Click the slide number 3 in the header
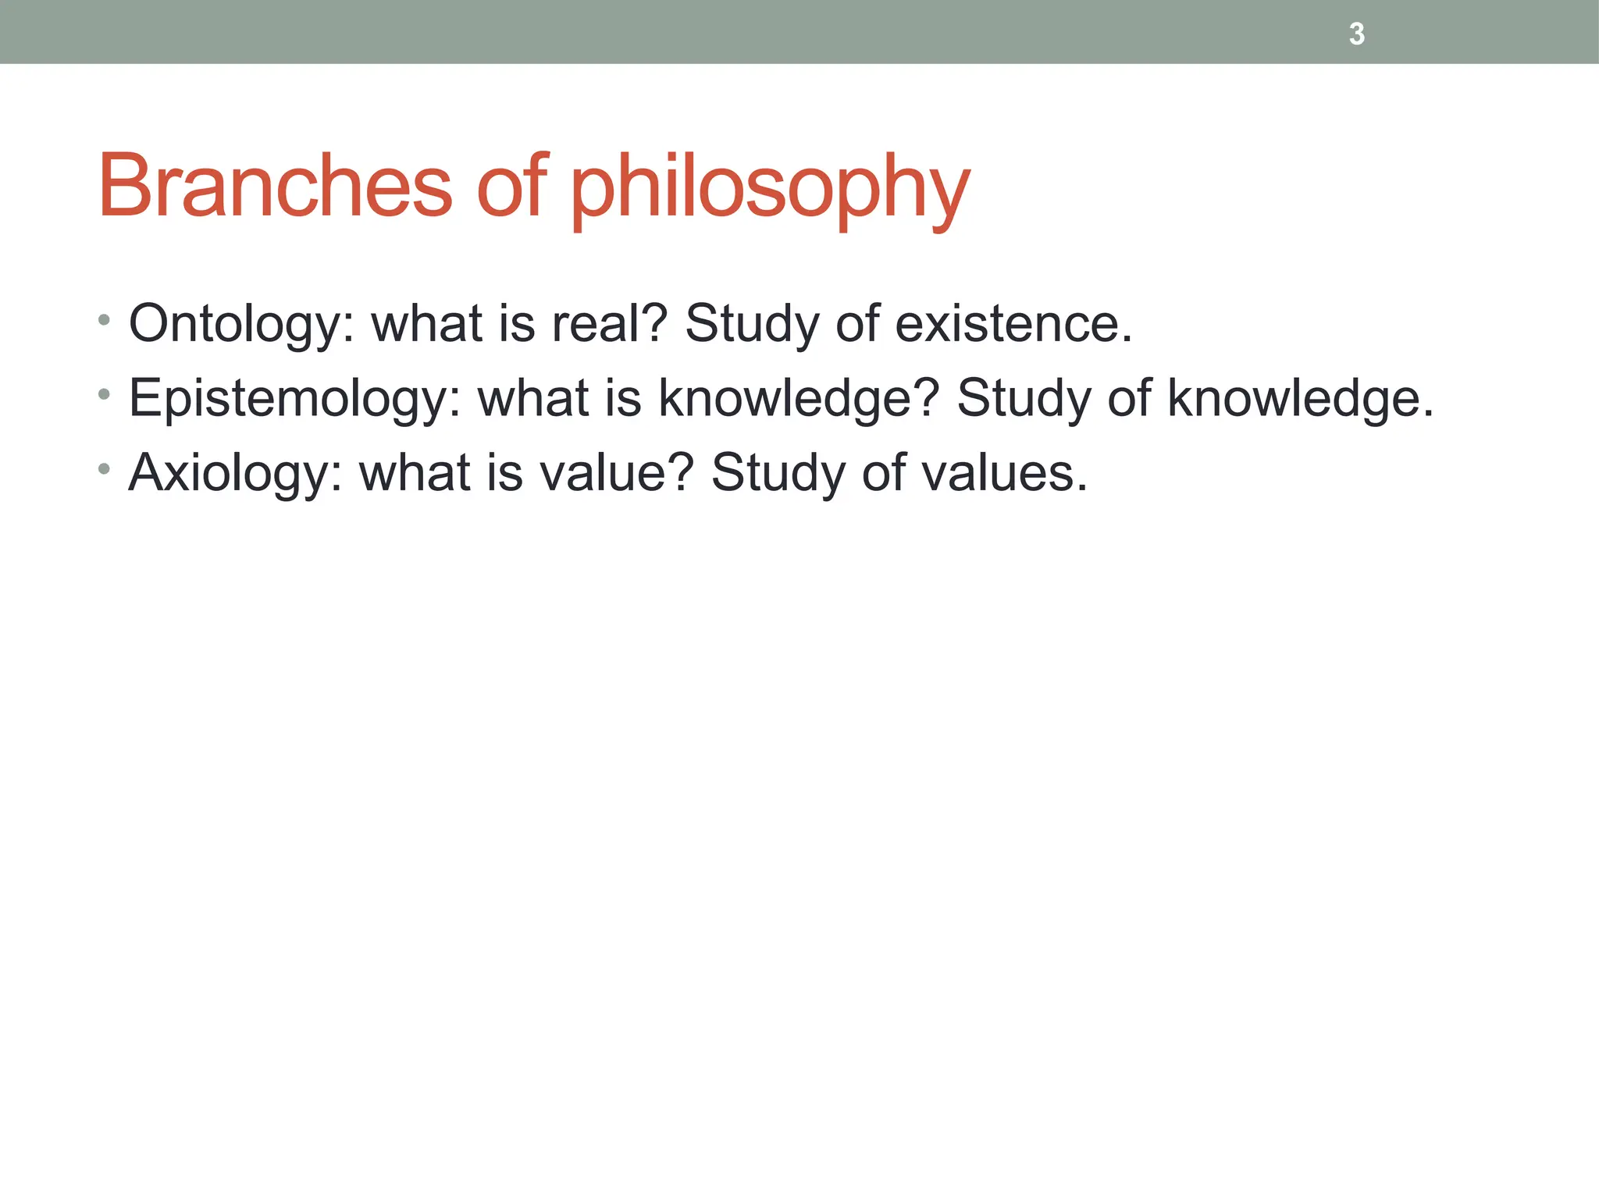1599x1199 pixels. (x=1357, y=34)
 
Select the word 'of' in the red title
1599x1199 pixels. (x=511, y=187)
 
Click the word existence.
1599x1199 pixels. (x=1013, y=324)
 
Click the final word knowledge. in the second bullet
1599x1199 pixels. (x=1301, y=399)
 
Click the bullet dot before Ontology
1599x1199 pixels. (x=104, y=320)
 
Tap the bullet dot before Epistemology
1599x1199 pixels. (x=104, y=395)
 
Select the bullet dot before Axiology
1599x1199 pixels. (x=104, y=469)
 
